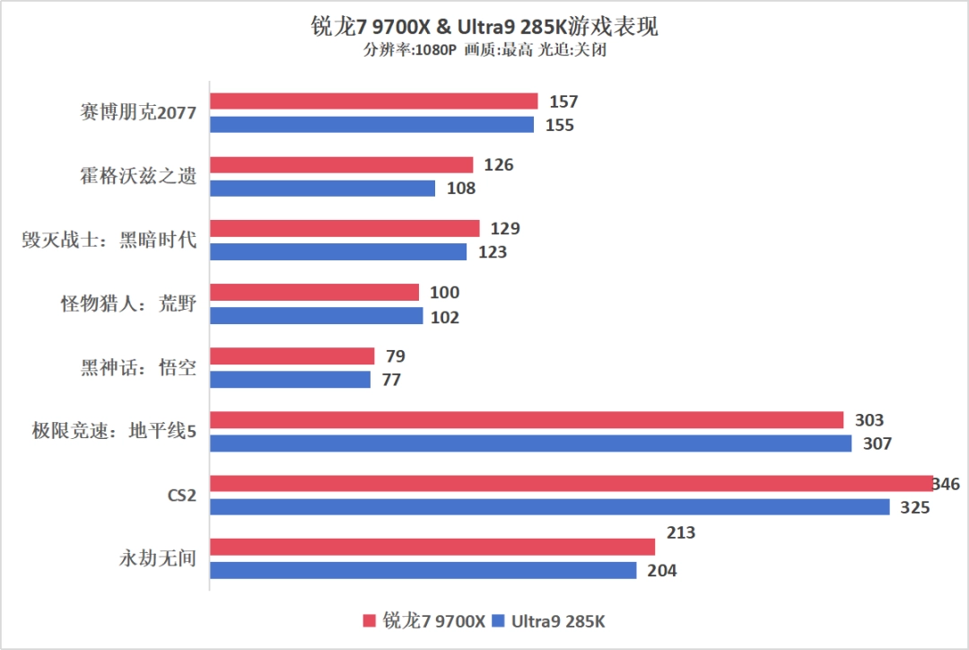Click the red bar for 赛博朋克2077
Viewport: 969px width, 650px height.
(373, 101)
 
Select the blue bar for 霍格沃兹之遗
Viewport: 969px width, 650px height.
(322, 189)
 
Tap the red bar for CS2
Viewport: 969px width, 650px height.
(571, 484)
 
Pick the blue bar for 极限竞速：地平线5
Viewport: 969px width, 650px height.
(530, 444)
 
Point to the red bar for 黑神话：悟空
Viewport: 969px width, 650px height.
(292, 356)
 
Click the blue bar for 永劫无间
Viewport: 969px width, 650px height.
(423, 570)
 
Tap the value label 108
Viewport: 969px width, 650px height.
(461, 189)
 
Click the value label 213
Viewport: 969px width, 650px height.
(681, 533)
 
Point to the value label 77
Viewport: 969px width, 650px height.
(390, 380)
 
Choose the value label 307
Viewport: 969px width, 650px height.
(878, 444)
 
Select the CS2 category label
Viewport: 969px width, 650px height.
(181, 495)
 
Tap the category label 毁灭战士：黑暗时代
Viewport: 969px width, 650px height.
(109, 240)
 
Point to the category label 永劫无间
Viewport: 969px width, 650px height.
(157, 558)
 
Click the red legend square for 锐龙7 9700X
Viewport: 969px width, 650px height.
(369, 621)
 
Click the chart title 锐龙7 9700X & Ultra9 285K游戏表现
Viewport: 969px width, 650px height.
(484, 26)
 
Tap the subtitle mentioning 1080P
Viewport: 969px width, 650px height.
(484, 50)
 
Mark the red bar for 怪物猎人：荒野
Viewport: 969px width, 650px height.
(314, 293)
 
